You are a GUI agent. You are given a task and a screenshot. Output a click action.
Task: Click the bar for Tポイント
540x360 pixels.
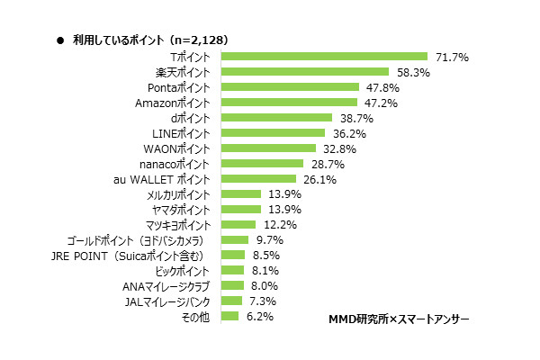[x=323, y=57]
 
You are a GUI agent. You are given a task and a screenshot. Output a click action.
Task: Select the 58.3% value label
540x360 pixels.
[x=410, y=72]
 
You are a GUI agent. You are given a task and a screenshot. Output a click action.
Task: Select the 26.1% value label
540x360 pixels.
[x=318, y=179]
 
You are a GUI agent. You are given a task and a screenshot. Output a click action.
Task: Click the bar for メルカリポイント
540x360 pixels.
[x=240, y=194]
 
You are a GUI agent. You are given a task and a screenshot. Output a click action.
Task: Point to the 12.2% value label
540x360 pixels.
[x=274, y=225]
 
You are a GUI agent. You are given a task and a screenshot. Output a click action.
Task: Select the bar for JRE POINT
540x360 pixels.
[x=232, y=256]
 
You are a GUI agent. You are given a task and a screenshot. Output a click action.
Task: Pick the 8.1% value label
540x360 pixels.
[x=265, y=271]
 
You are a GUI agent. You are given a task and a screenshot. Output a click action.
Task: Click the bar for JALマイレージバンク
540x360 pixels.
[x=230, y=301]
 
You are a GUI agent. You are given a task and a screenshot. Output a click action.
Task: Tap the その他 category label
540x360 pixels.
[x=196, y=317]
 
